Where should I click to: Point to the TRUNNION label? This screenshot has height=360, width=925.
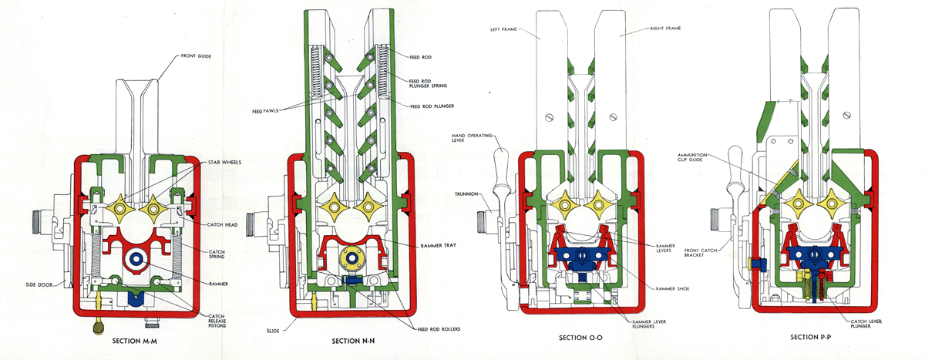tap(467, 193)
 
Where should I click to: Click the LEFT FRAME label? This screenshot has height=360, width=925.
tap(504, 30)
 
